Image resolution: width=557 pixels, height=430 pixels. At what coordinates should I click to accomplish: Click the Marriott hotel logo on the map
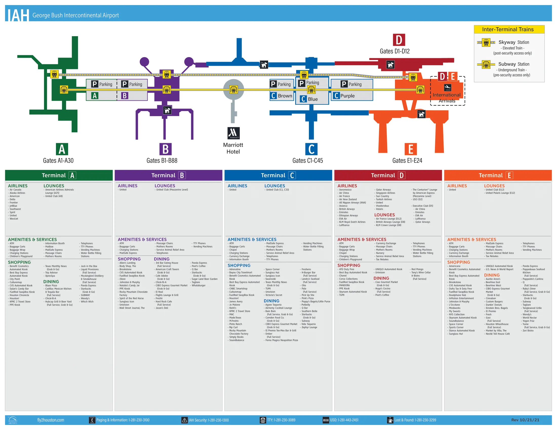233,133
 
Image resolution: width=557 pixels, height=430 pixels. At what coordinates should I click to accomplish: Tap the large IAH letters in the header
17,15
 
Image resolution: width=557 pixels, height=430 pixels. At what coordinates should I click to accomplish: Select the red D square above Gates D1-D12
399,40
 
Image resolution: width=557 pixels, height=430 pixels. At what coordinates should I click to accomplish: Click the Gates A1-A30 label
58,160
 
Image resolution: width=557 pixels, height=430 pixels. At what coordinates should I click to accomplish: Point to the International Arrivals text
447,98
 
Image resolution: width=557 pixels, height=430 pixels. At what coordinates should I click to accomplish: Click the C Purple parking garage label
344,96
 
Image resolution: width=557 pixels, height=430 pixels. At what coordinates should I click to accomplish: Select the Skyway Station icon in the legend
486,42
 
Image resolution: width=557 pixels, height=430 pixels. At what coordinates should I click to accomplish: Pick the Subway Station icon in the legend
486,64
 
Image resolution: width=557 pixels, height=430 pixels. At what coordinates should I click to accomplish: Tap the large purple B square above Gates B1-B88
165,149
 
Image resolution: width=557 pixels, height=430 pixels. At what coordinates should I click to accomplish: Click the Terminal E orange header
498,175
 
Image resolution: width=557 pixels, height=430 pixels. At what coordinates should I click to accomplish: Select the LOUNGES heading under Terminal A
54,186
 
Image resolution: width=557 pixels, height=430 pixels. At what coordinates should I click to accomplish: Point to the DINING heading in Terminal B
162,259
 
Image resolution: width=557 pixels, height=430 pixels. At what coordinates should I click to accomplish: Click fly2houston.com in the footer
50,420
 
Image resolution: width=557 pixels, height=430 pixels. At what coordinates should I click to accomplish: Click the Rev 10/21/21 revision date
525,420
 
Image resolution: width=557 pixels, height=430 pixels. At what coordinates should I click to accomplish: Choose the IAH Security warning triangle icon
184,420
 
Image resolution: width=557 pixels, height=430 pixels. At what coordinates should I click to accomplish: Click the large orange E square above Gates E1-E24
411,149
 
